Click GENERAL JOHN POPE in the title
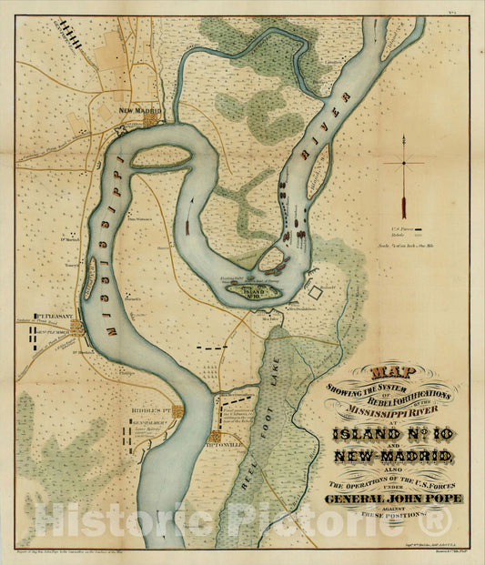pos(392,499)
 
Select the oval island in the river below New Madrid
pos(161,158)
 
